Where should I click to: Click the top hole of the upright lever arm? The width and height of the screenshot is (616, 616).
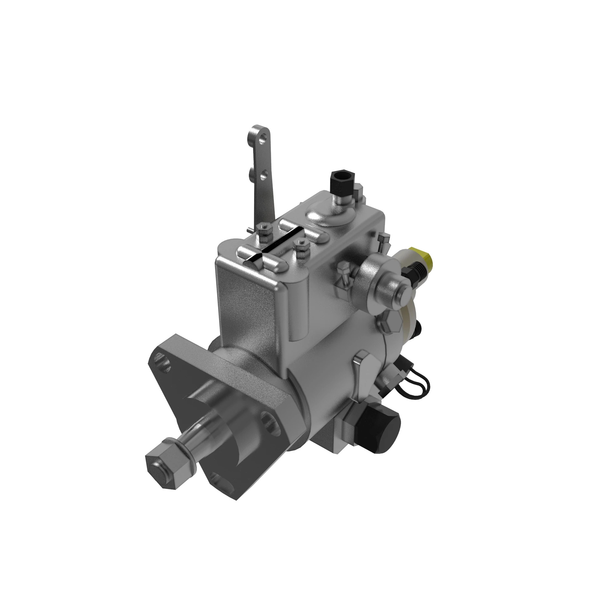(x=263, y=139)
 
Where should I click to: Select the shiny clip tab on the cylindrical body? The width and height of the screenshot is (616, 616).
(x=363, y=359)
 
